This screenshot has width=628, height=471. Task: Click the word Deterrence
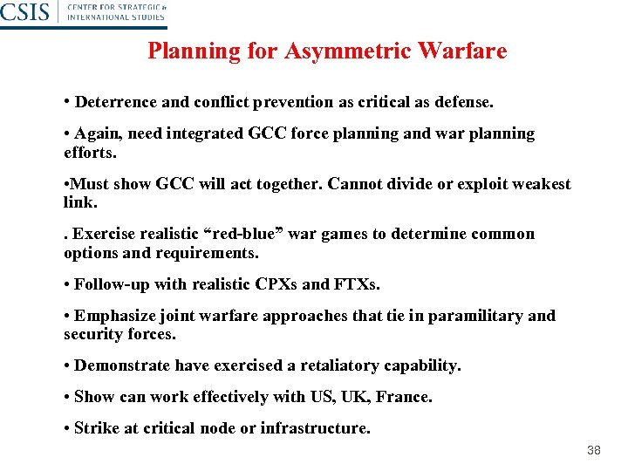116,102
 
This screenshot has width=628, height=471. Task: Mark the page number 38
594,450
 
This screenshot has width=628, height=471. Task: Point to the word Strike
96,428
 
